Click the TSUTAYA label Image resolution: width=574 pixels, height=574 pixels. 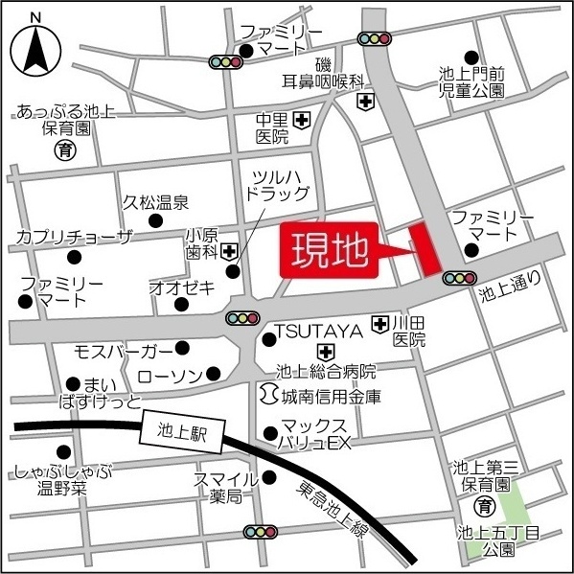pos(317,331)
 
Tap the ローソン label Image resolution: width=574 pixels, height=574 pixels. pos(171,374)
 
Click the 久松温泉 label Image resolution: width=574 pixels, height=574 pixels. pos(155,203)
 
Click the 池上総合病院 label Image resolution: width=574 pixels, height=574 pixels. pos(325,371)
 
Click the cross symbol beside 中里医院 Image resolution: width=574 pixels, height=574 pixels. pos(302,120)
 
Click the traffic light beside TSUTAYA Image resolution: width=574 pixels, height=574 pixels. pos(242,318)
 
